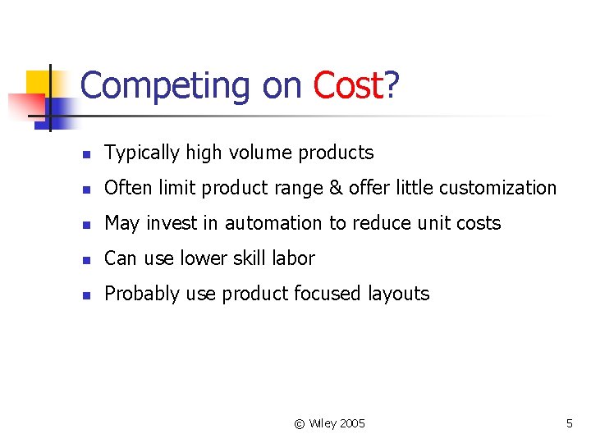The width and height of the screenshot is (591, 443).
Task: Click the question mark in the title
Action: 392,86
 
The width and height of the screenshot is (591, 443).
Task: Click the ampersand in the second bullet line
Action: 336,188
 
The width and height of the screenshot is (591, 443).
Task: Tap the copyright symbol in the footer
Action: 300,423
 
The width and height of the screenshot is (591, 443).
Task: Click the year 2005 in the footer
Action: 351,423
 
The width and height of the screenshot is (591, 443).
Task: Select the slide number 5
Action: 569,423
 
